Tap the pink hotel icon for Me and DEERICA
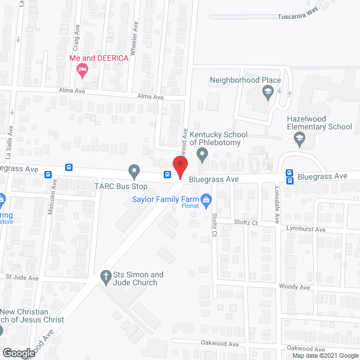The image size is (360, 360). pyautogui.click(x=82, y=70)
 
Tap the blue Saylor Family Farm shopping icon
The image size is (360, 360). pyautogui.click(x=206, y=199)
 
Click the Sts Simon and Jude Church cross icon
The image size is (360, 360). pyautogui.click(x=105, y=276)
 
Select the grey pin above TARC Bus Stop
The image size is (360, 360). pyautogui.click(x=134, y=169)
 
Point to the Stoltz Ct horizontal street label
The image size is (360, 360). pyautogui.click(x=245, y=223)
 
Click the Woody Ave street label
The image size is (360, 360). pyautogui.click(x=294, y=287)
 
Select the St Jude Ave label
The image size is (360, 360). pyautogui.click(x=21, y=277)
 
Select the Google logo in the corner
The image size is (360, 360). pyautogui.click(x=18, y=353)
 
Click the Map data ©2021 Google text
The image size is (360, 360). pyautogui.click(x=323, y=355)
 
